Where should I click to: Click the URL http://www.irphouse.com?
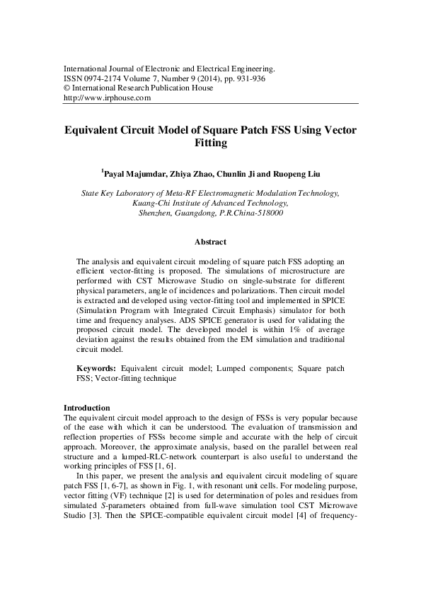pyautogui.click(x=108, y=98)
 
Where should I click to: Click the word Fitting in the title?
pyautogui.click(x=210, y=143)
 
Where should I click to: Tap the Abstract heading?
pyautogui.click(x=210, y=242)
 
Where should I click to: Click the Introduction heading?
pyautogui.click(x=86, y=408)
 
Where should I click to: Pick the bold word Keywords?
pyautogui.click(x=96, y=369)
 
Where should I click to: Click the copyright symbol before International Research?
pyautogui.click(x=67, y=88)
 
